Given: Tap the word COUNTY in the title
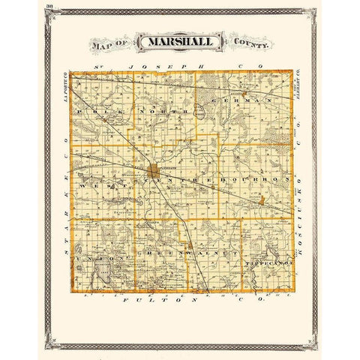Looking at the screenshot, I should click(x=251, y=46).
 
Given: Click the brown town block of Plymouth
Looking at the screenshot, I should click(x=153, y=171).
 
